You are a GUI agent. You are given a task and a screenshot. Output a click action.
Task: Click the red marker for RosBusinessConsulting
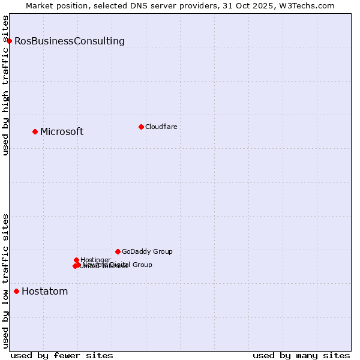(10, 41)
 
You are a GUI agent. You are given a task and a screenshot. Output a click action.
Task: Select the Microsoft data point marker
(35, 131)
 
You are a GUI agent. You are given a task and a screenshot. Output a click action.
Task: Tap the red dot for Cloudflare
(141, 127)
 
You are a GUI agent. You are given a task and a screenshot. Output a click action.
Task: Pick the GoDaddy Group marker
(118, 251)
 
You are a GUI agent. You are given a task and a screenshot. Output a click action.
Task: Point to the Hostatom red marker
(16, 292)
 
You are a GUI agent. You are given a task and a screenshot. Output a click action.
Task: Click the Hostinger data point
(76, 260)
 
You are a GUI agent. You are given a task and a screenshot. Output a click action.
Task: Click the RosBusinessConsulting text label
(70, 41)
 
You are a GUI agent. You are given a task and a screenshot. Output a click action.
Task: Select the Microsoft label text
(62, 131)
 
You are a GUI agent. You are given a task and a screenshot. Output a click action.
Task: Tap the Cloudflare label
(161, 127)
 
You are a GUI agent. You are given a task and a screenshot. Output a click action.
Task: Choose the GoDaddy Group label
(147, 251)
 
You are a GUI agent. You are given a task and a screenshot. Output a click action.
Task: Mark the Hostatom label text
(44, 292)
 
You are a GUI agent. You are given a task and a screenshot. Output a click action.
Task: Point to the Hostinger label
(95, 260)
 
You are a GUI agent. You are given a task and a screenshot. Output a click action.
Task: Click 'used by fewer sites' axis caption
(62, 355)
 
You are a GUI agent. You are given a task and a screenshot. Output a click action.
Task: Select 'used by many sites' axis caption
(301, 355)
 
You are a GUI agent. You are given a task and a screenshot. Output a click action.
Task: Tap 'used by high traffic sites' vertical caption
(5, 85)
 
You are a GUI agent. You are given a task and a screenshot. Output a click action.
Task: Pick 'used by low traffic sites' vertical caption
(5, 281)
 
